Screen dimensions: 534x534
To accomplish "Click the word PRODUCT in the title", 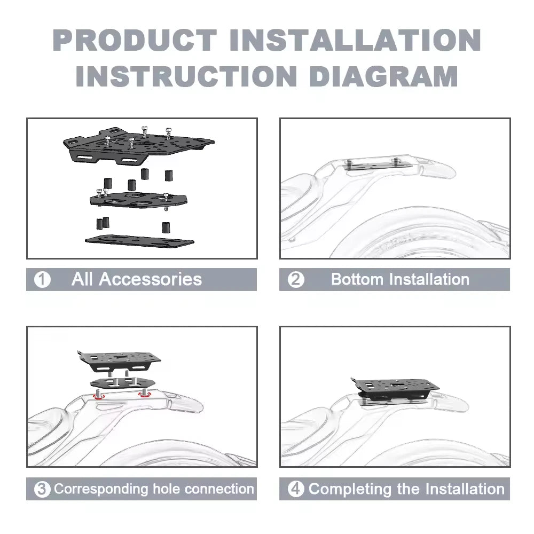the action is click(135, 41).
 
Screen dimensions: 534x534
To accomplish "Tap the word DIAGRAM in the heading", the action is click(384, 76).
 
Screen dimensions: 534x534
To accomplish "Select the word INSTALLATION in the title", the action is click(355, 41).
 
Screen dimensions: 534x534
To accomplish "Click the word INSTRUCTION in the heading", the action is click(186, 76).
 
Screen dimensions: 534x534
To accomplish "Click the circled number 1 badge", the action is click(42, 280).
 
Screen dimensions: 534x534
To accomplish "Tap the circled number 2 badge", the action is click(296, 280).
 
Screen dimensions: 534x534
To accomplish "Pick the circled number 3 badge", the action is click(42, 489).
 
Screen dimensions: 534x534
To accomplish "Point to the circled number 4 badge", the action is click(296, 489).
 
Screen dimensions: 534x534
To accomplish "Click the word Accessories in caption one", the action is click(150, 279).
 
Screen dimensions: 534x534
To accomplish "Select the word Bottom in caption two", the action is click(357, 279).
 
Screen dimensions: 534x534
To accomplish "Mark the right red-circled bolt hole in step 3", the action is click(145, 394).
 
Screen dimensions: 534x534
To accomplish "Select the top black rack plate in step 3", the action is click(119, 361).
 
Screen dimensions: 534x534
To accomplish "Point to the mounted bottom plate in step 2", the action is click(379, 165).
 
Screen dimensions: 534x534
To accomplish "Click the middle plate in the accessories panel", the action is click(139, 199).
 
